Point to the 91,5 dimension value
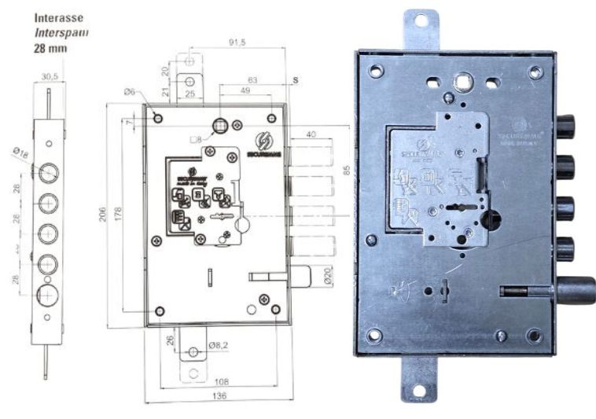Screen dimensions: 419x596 point(237,42)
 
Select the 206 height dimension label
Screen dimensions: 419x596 point(102,214)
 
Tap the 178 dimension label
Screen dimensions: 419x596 point(120,214)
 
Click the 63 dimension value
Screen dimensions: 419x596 point(252,79)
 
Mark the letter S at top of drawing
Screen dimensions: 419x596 point(296,80)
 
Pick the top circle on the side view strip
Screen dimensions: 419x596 point(49,171)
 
